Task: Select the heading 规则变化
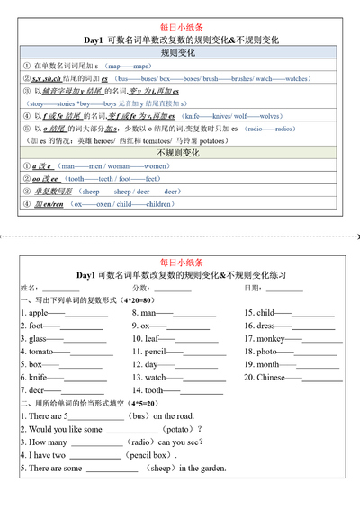181,54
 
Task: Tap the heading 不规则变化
181,153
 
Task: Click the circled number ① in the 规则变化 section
26,67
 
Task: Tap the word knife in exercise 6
39,378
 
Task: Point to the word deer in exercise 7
38,390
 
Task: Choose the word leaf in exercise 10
156,339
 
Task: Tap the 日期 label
255,288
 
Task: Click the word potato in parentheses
175,430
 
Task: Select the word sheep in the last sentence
161,469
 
